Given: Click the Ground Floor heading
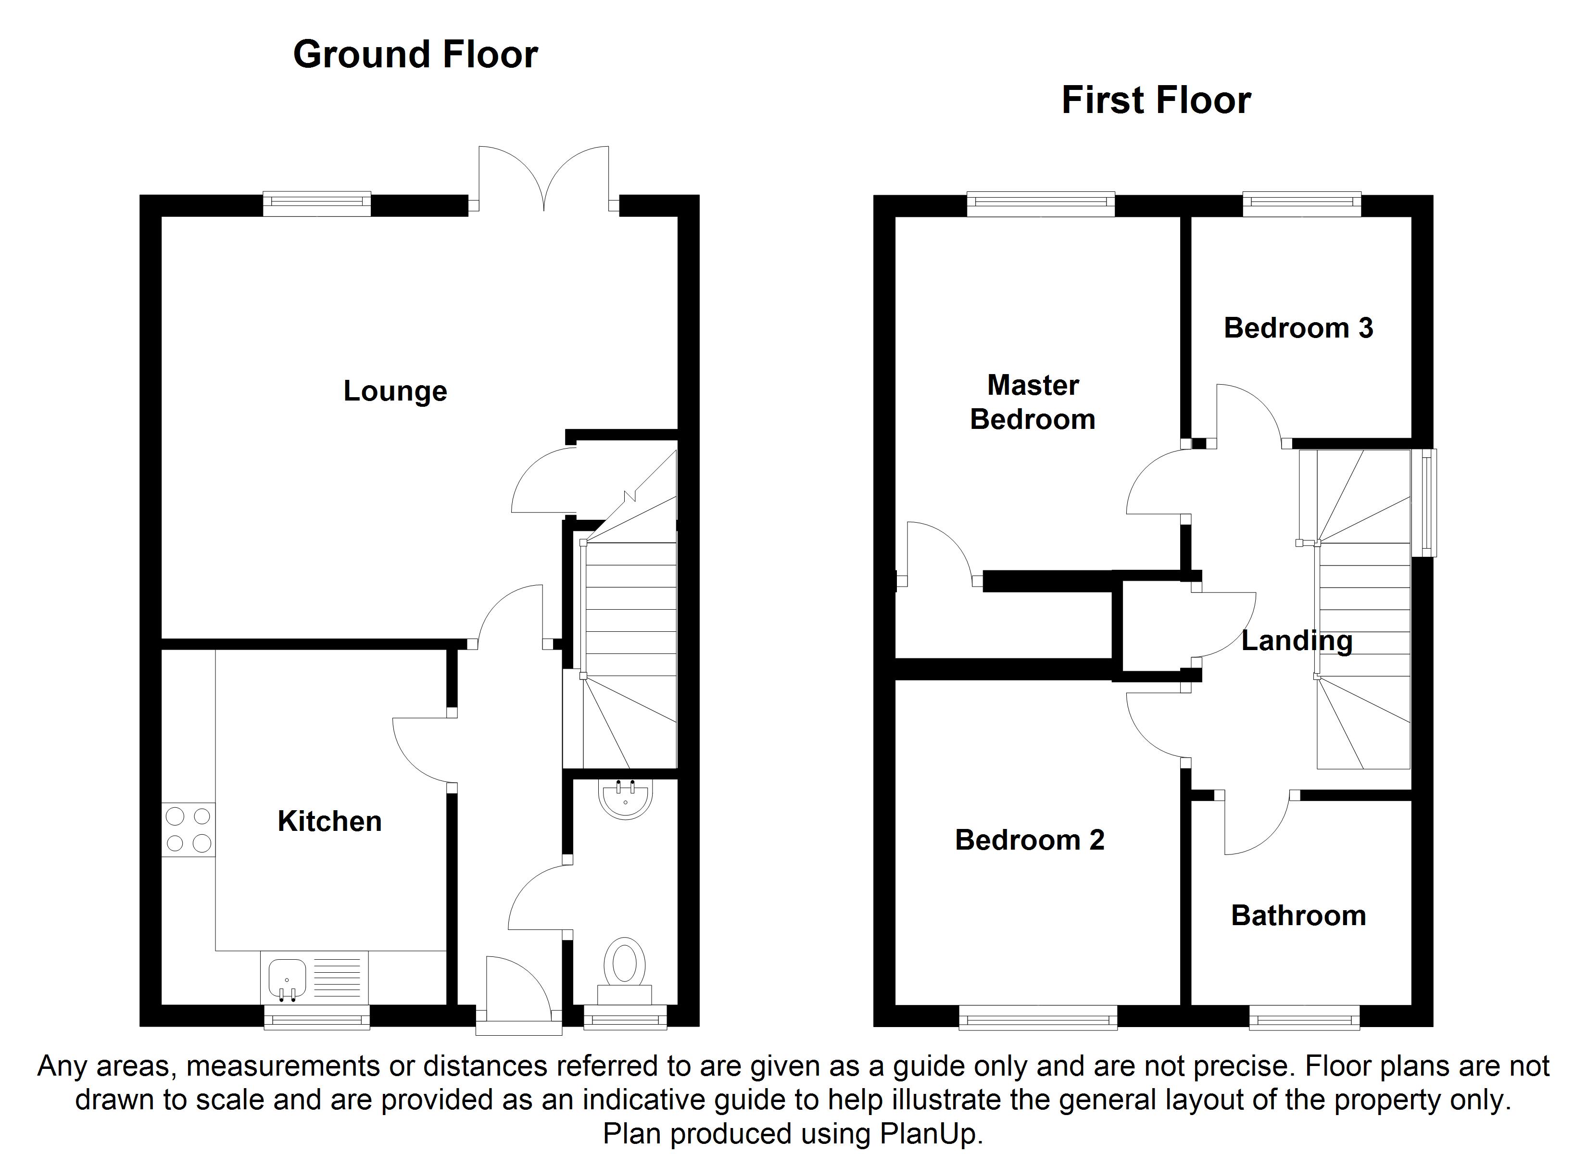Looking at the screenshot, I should [x=416, y=55].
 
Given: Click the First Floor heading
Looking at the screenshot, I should [x=1156, y=100].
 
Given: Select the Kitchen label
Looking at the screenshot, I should [x=329, y=821].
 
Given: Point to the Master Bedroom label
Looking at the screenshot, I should [x=1033, y=402].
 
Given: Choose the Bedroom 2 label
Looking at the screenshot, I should [x=1029, y=840].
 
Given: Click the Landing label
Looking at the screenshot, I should [x=1297, y=640].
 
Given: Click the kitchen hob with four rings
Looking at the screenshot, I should [x=188, y=829].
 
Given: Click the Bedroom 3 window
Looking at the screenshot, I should [x=1301, y=204].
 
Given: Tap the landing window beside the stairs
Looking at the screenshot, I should [x=1423, y=502].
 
